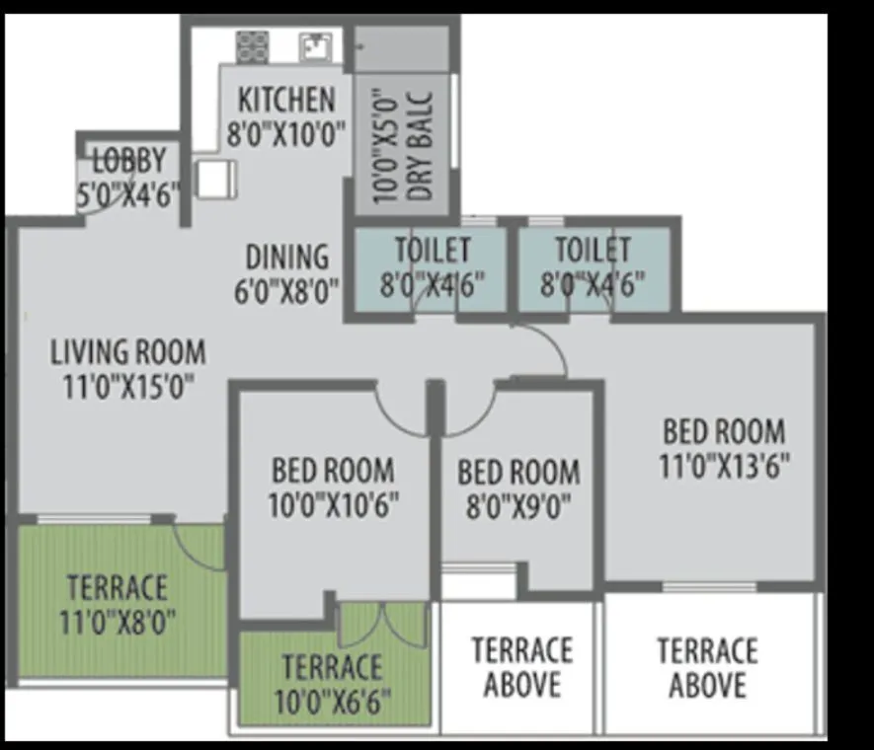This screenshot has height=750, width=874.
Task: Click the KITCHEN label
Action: coord(287,100)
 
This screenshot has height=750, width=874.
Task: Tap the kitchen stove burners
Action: coord(253,45)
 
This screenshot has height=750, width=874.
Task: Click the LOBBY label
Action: coord(129,161)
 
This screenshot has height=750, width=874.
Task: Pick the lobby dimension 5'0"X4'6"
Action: coord(129,194)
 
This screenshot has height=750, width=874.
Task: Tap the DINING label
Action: coord(287,257)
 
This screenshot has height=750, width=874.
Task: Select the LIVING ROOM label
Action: coord(128,351)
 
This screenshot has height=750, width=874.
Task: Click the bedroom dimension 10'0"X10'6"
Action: coord(333,505)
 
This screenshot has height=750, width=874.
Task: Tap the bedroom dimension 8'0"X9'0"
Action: coord(517,505)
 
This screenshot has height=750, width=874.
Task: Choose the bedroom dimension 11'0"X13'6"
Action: coord(725,465)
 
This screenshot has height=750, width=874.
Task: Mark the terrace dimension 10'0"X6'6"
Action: coord(333,702)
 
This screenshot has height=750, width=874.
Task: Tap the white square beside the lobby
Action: coord(215,179)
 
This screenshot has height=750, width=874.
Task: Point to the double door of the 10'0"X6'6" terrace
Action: coord(382,624)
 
